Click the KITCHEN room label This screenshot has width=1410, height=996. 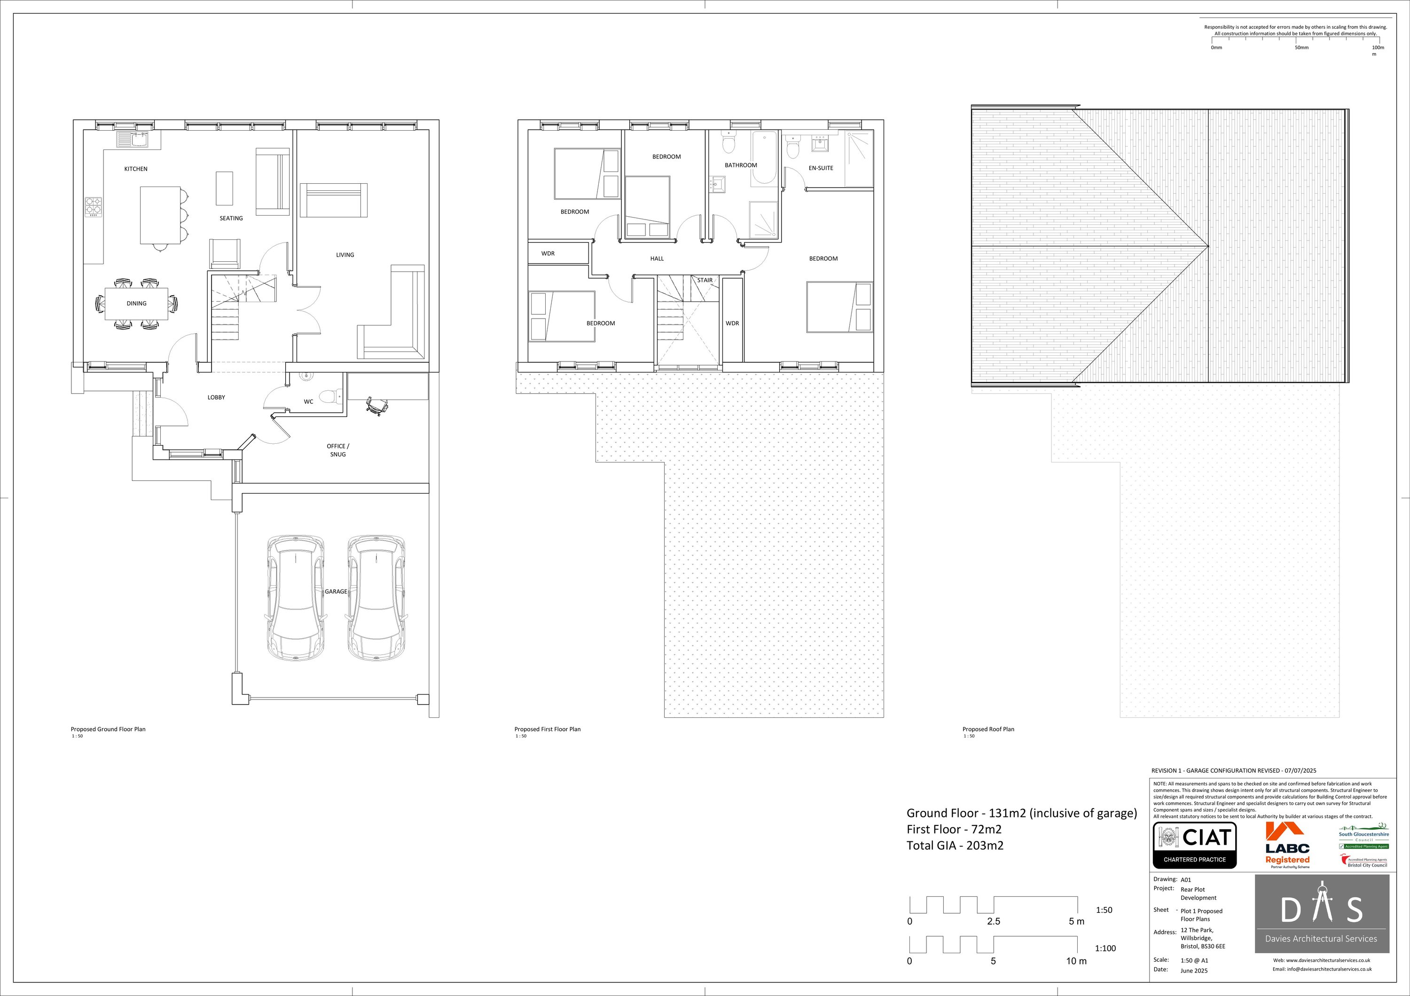[136, 169]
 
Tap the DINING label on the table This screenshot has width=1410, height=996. [136, 303]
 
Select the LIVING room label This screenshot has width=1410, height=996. [345, 255]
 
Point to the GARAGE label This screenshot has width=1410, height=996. [336, 591]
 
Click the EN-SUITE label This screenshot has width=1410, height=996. [821, 168]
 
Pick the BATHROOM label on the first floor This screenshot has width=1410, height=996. [741, 165]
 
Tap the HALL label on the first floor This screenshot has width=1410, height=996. [657, 259]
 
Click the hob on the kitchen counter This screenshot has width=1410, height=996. [94, 206]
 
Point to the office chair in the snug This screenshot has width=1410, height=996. [375, 406]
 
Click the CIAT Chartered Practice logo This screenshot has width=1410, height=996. [1194, 845]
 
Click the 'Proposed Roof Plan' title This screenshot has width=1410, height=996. [988, 729]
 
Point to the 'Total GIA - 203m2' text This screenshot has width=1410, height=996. [955, 845]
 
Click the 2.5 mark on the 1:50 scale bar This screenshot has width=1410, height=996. [994, 921]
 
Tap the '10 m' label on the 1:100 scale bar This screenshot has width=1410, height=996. [1076, 961]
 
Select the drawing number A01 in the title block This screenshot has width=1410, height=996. [1185, 880]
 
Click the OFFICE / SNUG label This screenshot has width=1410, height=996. [338, 450]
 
